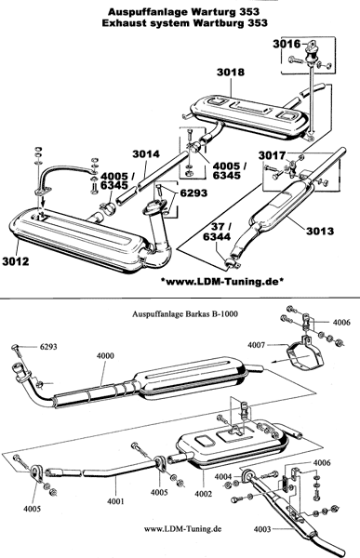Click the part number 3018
tap(231, 73)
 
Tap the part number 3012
tap(15, 260)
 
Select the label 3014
tap(146, 154)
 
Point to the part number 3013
tap(320, 231)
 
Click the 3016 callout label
tap(287, 44)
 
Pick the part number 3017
tap(272, 155)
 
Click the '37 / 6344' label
tap(217, 232)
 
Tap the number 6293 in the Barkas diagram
tap(48, 346)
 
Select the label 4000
tap(105, 356)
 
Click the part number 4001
tap(115, 501)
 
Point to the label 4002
tap(204, 494)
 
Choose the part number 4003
tap(262, 529)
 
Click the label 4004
tap(223, 476)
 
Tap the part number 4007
tap(257, 345)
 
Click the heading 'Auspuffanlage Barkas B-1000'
tap(185, 314)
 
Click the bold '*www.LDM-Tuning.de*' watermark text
tap(222, 282)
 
